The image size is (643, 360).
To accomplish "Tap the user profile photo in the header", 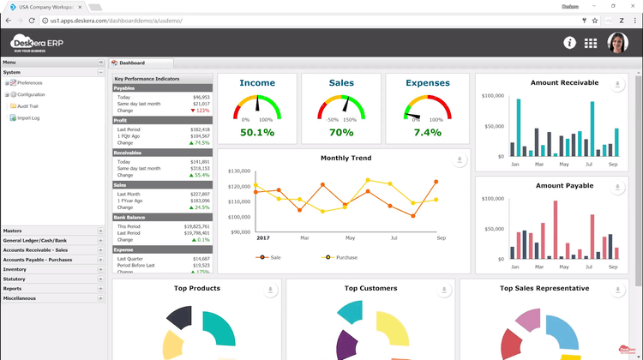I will point(617,43).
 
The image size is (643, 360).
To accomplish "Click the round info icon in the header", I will point(569,43).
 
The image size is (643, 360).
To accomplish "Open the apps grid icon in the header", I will point(591,43).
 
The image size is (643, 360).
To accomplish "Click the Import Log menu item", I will point(28,117).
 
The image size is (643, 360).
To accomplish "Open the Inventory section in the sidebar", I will point(15,269).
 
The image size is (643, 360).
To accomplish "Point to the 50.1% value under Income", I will point(257,133).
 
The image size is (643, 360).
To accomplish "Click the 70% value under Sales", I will point(340,133).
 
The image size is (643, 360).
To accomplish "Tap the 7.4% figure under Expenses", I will point(427,133).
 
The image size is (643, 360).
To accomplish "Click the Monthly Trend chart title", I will point(346,158).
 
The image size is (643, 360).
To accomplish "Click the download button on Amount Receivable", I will point(618,85).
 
